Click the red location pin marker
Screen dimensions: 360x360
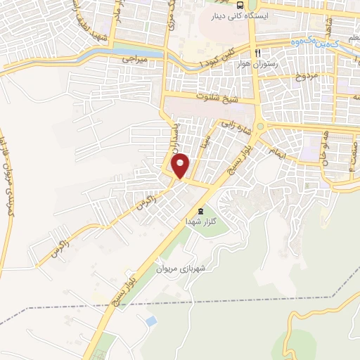[181, 165]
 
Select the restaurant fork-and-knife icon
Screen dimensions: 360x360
[259, 53]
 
